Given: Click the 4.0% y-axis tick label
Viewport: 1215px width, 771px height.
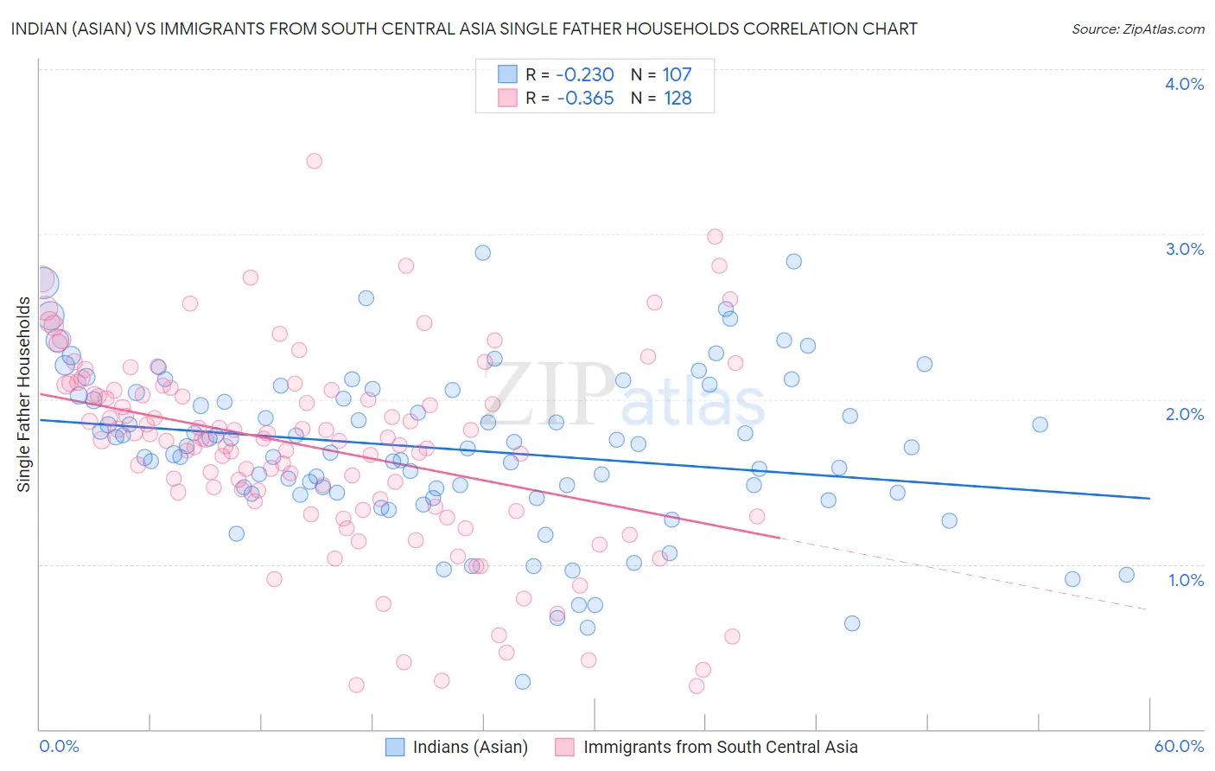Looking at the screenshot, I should pyautogui.click(x=1184, y=84).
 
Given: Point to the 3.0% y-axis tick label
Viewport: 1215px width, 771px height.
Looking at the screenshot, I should pyautogui.click(x=1184, y=249).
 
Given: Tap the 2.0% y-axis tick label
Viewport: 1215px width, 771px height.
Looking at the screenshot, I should pyautogui.click(x=1184, y=414).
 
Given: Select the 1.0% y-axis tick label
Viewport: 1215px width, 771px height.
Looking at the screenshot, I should pyautogui.click(x=1186, y=580).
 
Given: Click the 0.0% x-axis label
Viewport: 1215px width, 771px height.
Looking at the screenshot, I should pyautogui.click(x=59, y=746).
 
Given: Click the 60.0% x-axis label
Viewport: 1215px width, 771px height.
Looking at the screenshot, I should pyautogui.click(x=1179, y=746).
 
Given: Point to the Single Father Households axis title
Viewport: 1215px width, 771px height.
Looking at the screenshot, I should pyautogui.click(x=24, y=394).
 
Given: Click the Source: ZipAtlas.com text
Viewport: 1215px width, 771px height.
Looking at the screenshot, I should pyautogui.click(x=1137, y=29).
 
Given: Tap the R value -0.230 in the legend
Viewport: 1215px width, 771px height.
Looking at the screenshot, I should pyautogui.click(x=584, y=74).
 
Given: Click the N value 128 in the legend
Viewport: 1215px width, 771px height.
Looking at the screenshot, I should pyautogui.click(x=677, y=99).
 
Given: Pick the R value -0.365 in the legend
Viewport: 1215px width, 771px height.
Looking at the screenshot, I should pyautogui.click(x=584, y=99).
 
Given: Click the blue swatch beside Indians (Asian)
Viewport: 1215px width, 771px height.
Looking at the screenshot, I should pyautogui.click(x=395, y=747).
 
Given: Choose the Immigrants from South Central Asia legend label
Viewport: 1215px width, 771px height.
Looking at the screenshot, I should pyautogui.click(x=720, y=747).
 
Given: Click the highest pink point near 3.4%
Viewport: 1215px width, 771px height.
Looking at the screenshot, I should pyautogui.click(x=315, y=161).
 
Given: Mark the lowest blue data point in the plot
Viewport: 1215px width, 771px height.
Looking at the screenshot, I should pyautogui.click(x=523, y=681).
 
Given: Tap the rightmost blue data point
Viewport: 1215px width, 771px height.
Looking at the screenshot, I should pyautogui.click(x=1126, y=575).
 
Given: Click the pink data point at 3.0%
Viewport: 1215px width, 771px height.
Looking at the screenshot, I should pyautogui.click(x=715, y=236).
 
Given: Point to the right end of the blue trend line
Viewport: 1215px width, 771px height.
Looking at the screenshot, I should pyautogui.click(x=1149, y=498).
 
